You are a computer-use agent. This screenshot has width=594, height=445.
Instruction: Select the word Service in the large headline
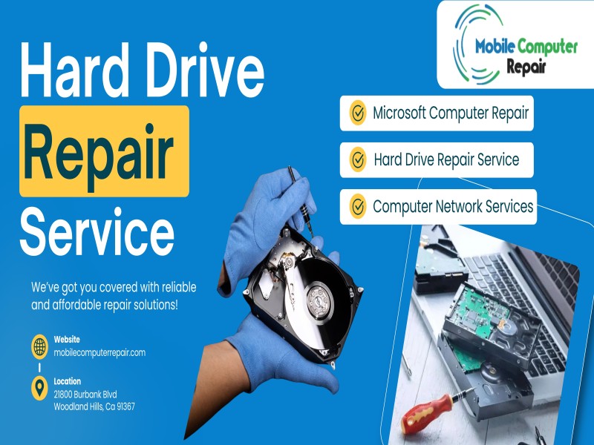[x=97, y=231]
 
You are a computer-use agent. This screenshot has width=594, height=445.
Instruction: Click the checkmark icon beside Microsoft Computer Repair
[x=358, y=113]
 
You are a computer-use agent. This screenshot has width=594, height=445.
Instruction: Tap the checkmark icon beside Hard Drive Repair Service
[x=358, y=159]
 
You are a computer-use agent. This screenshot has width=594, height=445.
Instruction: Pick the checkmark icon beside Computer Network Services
[x=358, y=207]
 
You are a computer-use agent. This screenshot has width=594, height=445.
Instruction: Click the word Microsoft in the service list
[x=399, y=113]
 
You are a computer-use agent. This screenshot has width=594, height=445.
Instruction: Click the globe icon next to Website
[x=40, y=346]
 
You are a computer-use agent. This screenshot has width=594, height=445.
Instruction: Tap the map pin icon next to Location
[x=40, y=388]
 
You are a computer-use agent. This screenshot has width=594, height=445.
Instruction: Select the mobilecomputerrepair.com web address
[x=99, y=353]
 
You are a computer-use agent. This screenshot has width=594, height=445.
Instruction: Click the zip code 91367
[x=125, y=406]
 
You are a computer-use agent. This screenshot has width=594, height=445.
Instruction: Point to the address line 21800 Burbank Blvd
[x=85, y=395]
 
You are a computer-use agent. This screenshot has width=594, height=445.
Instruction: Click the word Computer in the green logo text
[x=547, y=47]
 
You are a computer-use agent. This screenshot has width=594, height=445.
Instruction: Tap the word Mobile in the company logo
[x=495, y=47]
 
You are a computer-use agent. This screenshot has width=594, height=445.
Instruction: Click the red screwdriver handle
[x=426, y=414]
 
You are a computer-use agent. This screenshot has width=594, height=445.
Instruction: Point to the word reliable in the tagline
[x=179, y=287]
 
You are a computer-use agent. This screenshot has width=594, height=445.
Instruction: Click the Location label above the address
[x=68, y=381]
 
